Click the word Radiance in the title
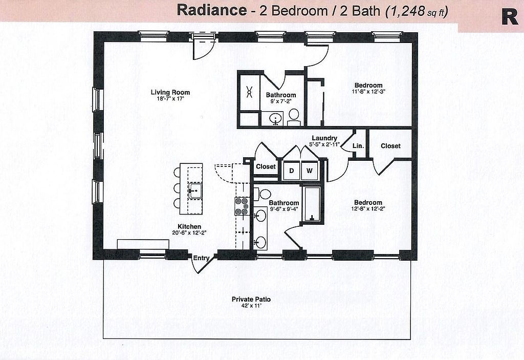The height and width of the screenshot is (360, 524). pyautogui.click(x=211, y=10)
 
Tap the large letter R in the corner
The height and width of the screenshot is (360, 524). pyautogui.click(x=510, y=16)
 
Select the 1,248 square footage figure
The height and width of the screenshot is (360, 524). pyautogui.click(x=406, y=11)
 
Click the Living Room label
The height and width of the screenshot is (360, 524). pyautogui.click(x=170, y=92)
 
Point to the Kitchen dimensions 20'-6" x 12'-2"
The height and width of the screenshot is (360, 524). pyautogui.click(x=189, y=233)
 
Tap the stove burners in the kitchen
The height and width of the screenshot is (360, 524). pyautogui.click(x=242, y=206)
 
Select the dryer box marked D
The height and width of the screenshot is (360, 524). pyautogui.click(x=291, y=171)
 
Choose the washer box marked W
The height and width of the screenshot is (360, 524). pyautogui.click(x=310, y=171)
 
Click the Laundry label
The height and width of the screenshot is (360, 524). pyautogui.click(x=324, y=138)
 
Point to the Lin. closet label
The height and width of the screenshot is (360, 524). pyautogui.click(x=358, y=146)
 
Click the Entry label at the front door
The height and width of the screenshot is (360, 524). pyautogui.click(x=201, y=258)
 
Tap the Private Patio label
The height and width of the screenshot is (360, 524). pyautogui.click(x=251, y=299)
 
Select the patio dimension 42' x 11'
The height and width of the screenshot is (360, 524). pyautogui.click(x=251, y=306)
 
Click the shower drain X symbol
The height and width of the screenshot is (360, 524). pyautogui.click(x=250, y=92)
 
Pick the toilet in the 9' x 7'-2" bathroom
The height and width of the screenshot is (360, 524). pyautogui.click(x=294, y=117)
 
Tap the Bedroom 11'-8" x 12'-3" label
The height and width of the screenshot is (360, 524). pyautogui.click(x=368, y=88)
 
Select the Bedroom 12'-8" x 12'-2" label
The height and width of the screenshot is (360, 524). pyautogui.click(x=368, y=205)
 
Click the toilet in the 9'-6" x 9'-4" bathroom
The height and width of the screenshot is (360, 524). pyautogui.click(x=263, y=194)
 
